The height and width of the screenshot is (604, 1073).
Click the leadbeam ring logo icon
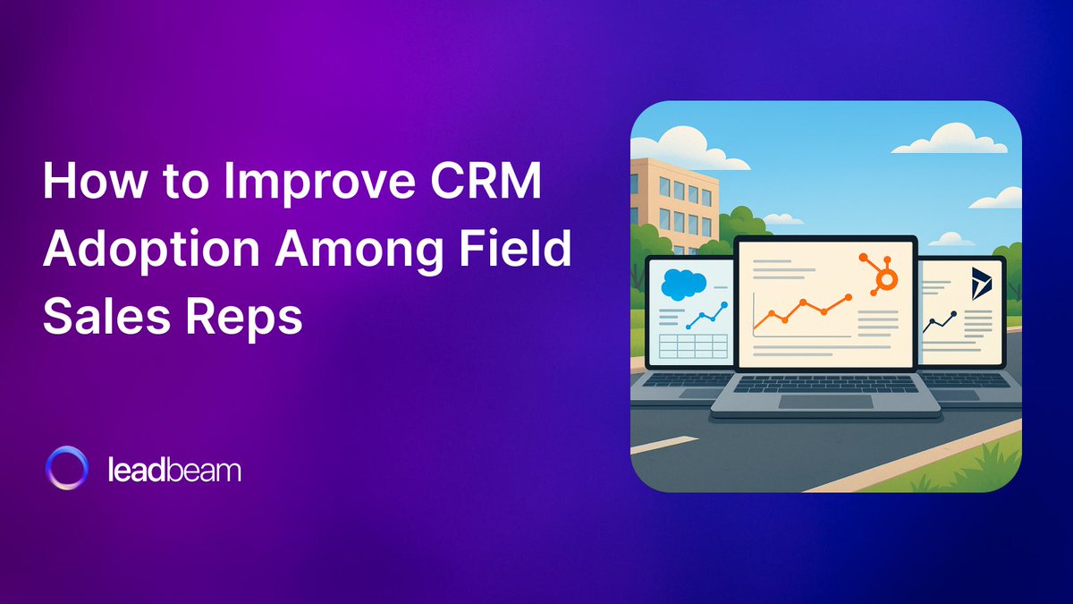[x=67, y=470]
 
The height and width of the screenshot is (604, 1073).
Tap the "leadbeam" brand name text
[x=173, y=470]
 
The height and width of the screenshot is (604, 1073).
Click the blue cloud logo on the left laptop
[x=681, y=285]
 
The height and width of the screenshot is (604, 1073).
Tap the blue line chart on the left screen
[x=703, y=314]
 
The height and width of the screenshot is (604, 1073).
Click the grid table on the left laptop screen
[x=690, y=346]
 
